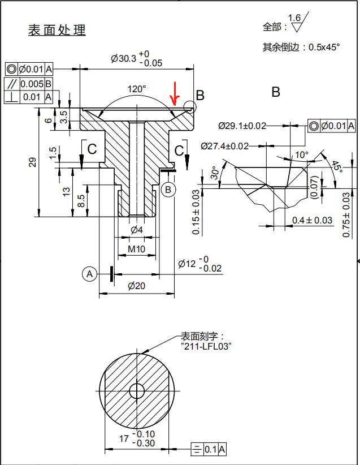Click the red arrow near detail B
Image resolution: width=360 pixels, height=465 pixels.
pos(175,94)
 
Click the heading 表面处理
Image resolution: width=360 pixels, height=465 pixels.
pos(57,30)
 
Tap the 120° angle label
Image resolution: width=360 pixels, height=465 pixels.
pos(136,89)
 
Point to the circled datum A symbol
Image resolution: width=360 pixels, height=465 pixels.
pos(89,274)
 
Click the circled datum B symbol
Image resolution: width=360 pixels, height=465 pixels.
pos(168,190)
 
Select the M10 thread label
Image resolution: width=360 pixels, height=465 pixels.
pos(136,249)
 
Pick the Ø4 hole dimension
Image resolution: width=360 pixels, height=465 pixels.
pos(136,229)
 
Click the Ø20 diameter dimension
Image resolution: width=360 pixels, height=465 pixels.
pos(136,286)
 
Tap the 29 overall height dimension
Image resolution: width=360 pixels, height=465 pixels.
pos(33,162)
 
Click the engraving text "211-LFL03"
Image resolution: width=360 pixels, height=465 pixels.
pos(207,346)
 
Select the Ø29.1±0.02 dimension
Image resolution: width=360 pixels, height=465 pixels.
pos(242,126)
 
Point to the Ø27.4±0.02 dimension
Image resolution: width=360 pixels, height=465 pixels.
pos(224,146)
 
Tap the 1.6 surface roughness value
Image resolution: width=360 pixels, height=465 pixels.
pos(294,18)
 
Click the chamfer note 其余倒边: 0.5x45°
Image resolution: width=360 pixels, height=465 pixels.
pos(301,48)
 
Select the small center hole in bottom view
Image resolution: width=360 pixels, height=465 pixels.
pos(136,390)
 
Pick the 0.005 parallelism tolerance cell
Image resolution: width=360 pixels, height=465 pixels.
pos(32,84)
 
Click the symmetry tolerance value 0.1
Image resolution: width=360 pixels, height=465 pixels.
pos(210,449)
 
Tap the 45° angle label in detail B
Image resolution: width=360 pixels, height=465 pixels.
pos(337,166)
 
